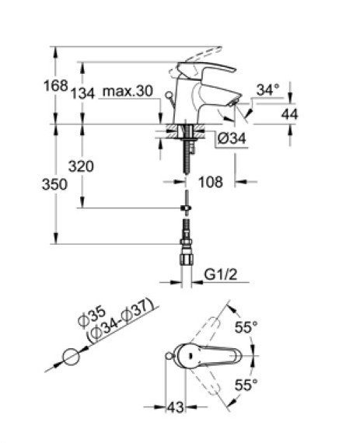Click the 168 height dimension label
click(56, 85)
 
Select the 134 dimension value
click(82, 93)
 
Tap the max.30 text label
click(128, 91)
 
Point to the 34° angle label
click(268, 90)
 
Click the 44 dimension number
click(290, 114)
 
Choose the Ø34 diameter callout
click(232, 138)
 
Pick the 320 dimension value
click(81, 166)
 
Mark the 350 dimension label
click(55, 184)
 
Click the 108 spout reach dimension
click(211, 182)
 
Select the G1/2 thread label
click(221, 274)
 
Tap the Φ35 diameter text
click(92, 317)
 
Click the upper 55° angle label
click(246, 327)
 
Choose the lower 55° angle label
click(246, 385)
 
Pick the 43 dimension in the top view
click(176, 407)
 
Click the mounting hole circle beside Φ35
click(72, 357)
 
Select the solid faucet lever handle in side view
click(206, 70)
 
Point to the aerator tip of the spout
click(235, 101)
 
